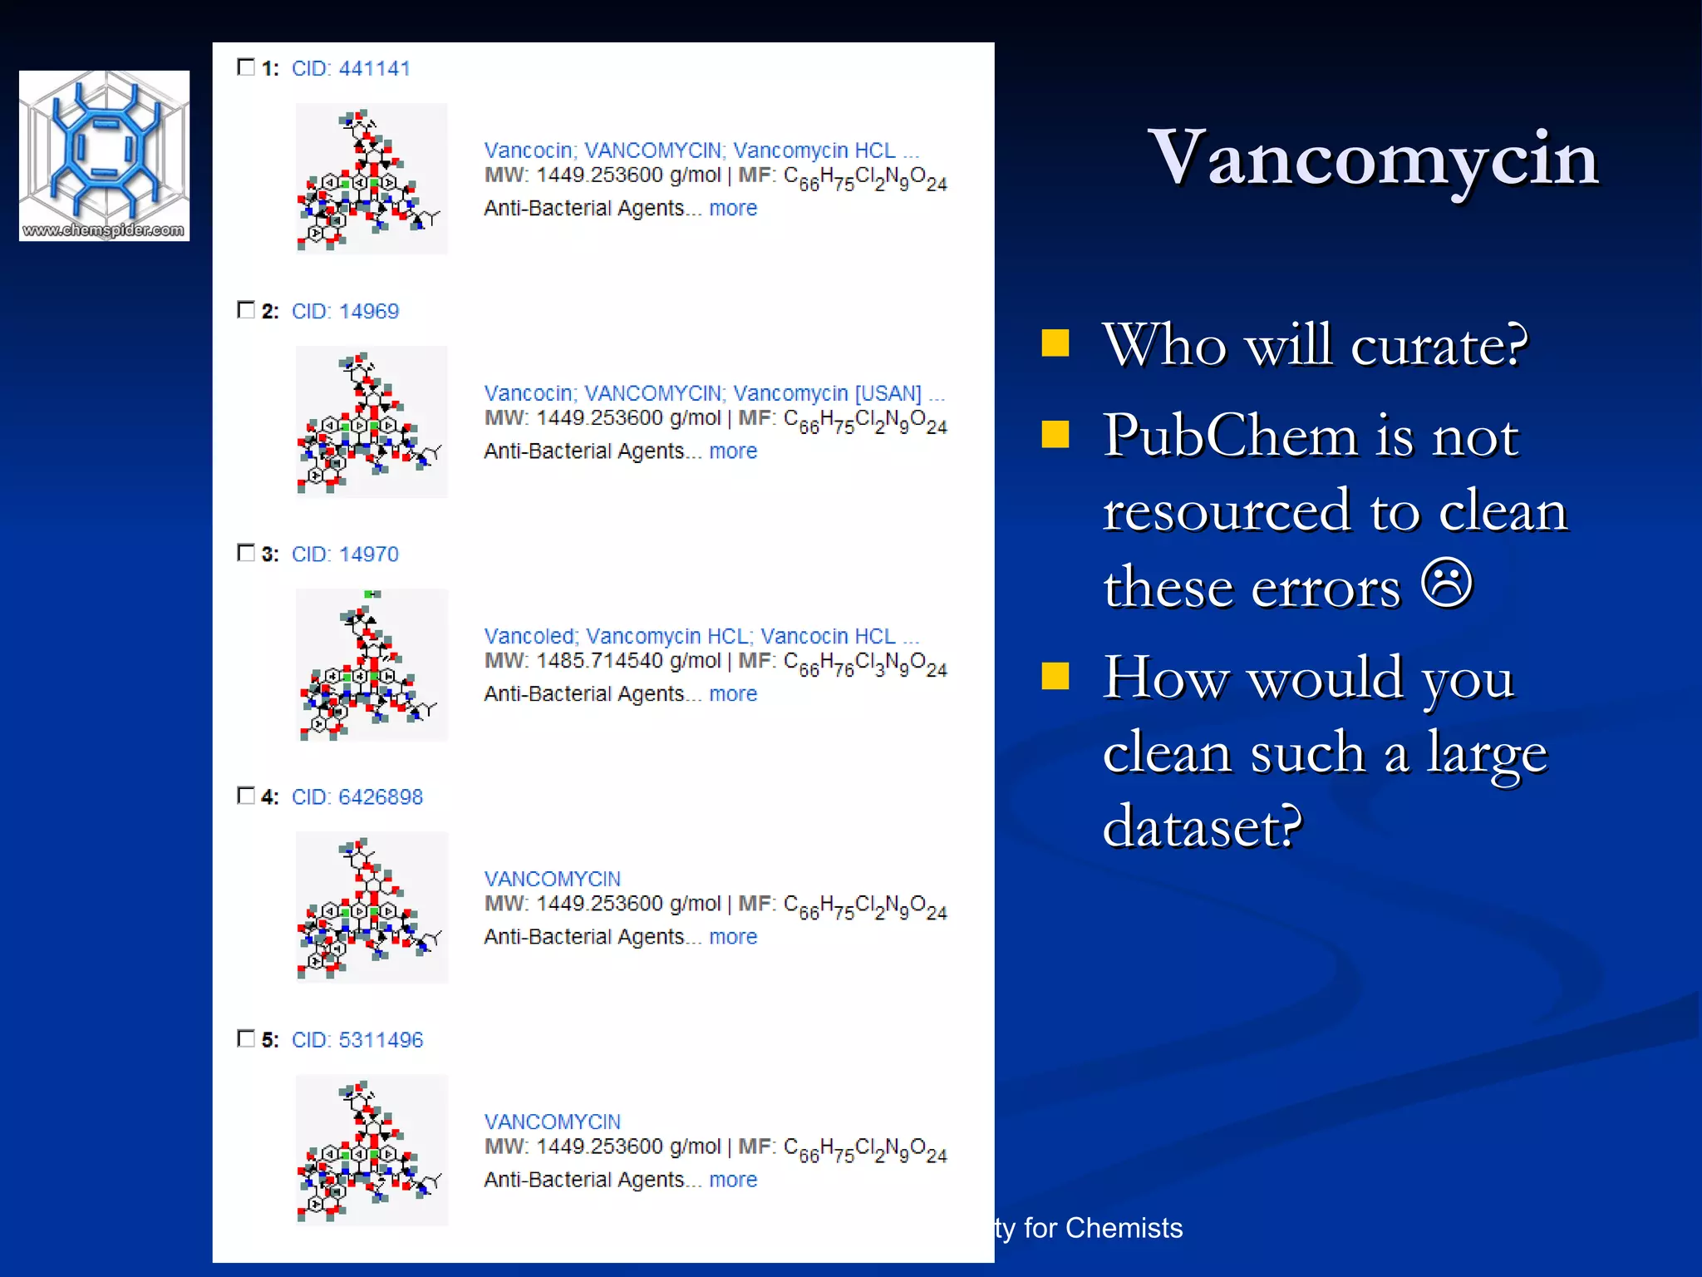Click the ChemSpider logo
(104, 155)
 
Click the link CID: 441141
(351, 68)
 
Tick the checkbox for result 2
(246, 310)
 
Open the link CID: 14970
(345, 554)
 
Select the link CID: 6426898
(357, 796)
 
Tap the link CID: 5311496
(357, 1039)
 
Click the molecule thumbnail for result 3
(371, 664)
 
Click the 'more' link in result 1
(732, 208)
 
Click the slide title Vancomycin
(1373, 157)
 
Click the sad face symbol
(1447, 583)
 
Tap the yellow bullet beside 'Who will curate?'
(1055, 343)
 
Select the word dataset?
(1202, 826)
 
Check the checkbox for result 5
(246, 1038)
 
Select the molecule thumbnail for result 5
(371, 1150)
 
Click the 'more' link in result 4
(732, 936)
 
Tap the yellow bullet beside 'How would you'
(1055, 676)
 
